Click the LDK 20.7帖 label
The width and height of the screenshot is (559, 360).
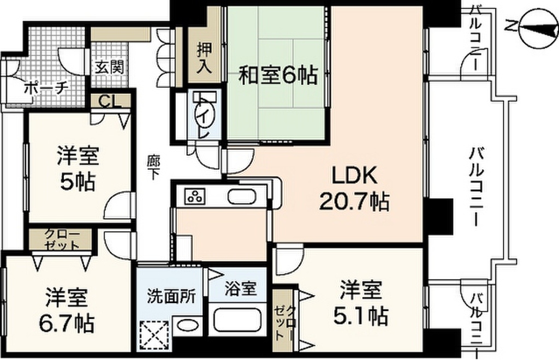click(x=354, y=189)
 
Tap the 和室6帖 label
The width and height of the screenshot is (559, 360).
click(x=277, y=76)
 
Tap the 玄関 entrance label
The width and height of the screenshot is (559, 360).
click(x=109, y=67)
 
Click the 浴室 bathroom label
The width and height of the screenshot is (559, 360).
click(x=240, y=288)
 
